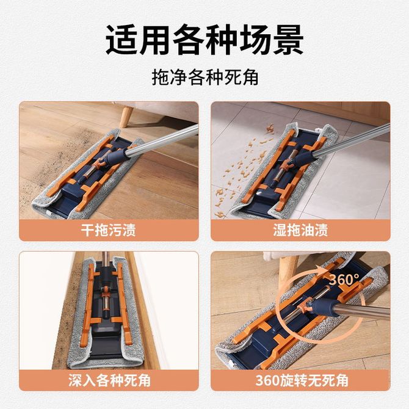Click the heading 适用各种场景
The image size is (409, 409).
204,39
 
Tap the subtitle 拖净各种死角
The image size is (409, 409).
205,77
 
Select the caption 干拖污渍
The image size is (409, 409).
109,230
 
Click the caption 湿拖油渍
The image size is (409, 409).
300,230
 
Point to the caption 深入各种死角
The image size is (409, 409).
109,380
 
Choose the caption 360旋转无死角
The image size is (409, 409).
302,380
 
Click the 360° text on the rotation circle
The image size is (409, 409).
344,280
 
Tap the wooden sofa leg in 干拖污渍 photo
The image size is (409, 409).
127,117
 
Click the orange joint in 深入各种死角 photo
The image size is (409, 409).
106,291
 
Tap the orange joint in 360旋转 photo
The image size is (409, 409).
305,306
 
